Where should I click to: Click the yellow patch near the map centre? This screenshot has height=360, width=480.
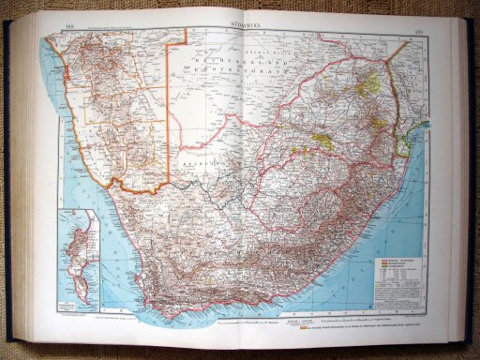coord(324,141)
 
